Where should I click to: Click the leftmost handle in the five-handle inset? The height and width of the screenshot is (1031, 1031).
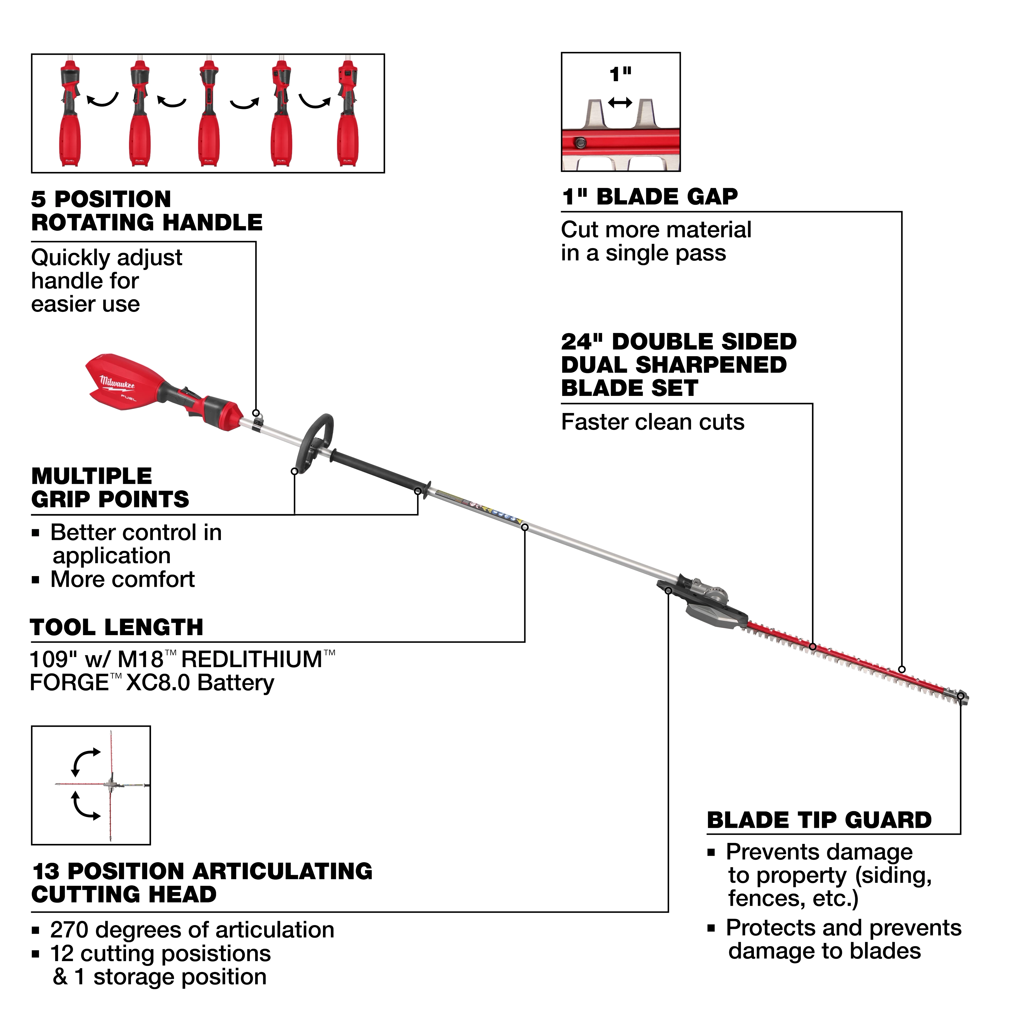70,115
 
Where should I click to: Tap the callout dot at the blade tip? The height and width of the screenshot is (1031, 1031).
961,696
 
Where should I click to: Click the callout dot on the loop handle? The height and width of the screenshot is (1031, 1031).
294,471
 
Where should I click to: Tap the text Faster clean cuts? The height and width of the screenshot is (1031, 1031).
652,422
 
